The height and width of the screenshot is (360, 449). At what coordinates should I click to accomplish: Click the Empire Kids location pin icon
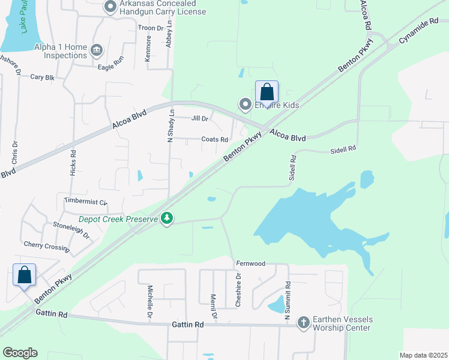(245, 105)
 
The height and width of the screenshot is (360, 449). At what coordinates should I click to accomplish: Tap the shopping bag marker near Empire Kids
(267, 93)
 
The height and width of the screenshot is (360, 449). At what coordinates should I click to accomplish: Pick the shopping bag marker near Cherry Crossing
(24, 275)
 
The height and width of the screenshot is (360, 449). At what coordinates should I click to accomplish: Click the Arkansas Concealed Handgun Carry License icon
(110, 7)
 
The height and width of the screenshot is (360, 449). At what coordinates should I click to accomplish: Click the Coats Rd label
(215, 139)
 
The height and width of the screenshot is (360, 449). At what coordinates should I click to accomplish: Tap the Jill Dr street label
(200, 119)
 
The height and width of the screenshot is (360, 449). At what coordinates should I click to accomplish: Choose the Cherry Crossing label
(46, 245)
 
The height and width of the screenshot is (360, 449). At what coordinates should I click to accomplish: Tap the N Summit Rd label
(288, 303)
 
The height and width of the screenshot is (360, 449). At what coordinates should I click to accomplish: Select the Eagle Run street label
(114, 64)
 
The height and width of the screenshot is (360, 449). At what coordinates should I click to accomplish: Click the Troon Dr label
(151, 28)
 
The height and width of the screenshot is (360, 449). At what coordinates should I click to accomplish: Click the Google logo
(20, 353)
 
